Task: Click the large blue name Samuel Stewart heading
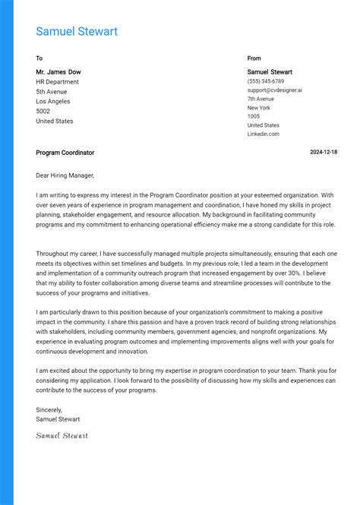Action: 77,32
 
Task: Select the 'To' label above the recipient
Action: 39,58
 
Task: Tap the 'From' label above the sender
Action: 254,58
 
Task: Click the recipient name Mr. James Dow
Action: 58,72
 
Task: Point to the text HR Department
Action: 57,82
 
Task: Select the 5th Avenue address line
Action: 52,92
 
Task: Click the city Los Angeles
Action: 53,102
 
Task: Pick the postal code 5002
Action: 43,112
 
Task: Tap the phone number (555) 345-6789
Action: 266,81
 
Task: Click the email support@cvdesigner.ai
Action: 274,90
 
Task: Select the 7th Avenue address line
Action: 261,99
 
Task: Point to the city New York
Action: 258,108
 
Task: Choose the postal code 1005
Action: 254,116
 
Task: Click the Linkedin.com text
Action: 263,134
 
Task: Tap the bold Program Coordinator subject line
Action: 65,153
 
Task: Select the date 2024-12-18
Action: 324,153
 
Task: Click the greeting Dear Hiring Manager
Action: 65,175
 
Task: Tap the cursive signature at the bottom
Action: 62,435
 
